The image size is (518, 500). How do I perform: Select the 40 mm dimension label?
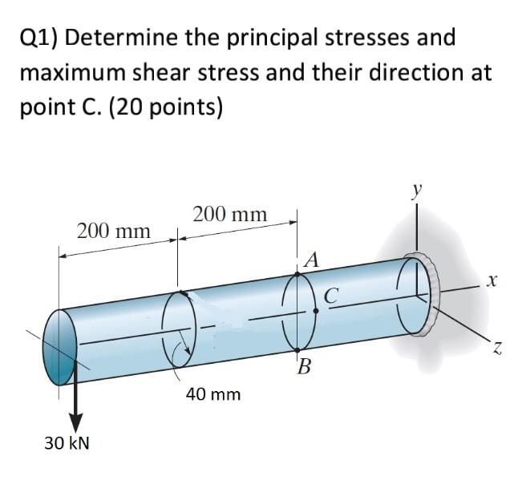click(x=213, y=394)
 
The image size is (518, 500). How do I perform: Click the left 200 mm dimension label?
click(x=113, y=232)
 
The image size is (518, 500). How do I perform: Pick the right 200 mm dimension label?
click(x=230, y=214)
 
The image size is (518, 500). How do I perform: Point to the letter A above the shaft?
click(x=312, y=259)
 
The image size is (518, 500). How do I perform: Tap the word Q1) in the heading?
click(x=43, y=38)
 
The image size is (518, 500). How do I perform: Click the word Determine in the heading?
click(x=136, y=38)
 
